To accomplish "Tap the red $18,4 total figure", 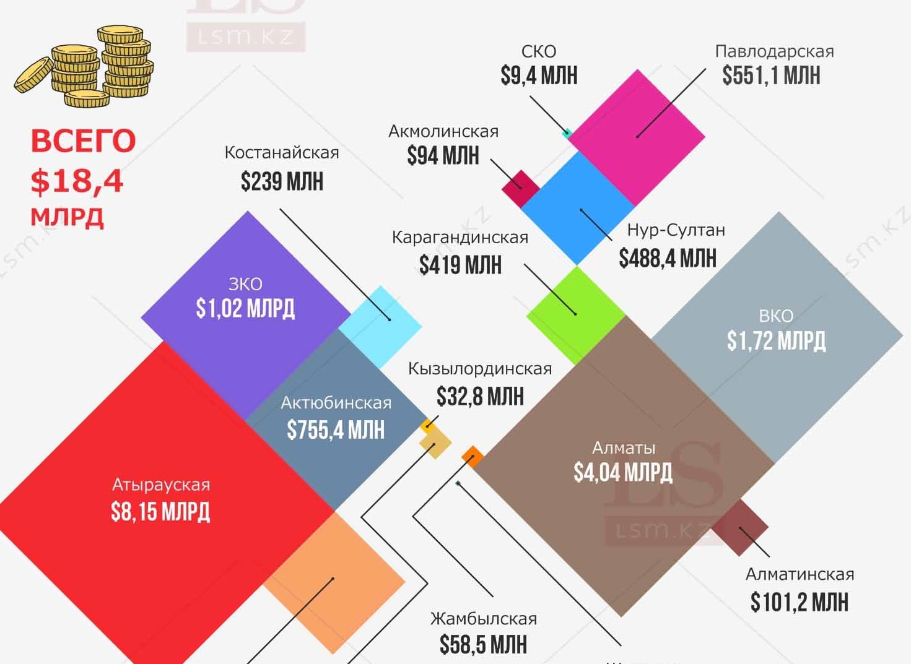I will (77, 181).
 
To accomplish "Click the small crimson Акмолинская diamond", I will (520, 188).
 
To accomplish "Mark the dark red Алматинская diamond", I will (741, 528).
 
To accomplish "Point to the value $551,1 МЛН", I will (771, 76).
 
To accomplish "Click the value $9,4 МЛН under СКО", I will (539, 76).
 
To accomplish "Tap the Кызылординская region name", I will (479, 369).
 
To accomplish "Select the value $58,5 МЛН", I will (483, 645).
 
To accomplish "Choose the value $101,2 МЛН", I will (799, 601).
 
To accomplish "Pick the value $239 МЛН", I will (282, 182).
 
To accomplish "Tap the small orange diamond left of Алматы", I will (473, 457).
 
